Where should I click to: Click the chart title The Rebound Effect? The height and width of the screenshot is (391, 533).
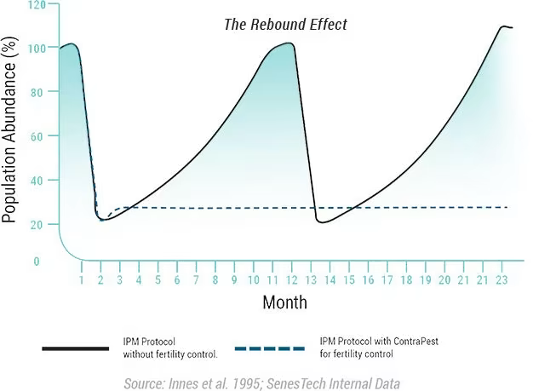(285, 25)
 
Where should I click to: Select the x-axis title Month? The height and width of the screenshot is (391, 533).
(284, 302)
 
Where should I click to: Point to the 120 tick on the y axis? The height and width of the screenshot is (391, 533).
(37, 4)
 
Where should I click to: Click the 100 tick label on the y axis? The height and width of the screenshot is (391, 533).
(37, 48)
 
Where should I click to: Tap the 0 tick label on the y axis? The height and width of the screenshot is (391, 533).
(37, 262)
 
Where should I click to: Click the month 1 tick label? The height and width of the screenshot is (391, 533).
(82, 279)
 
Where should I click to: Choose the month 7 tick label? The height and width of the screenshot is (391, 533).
(196, 279)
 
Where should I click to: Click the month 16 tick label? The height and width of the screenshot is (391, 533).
(368, 279)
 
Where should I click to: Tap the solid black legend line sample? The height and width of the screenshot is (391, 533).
(74, 348)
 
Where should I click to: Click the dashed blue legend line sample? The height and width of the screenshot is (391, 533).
(269, 348)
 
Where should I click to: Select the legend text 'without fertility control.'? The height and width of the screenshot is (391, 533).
(170, 354)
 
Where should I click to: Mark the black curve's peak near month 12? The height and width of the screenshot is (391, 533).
(289, 43)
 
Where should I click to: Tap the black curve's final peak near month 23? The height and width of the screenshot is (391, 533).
(502, 26)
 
